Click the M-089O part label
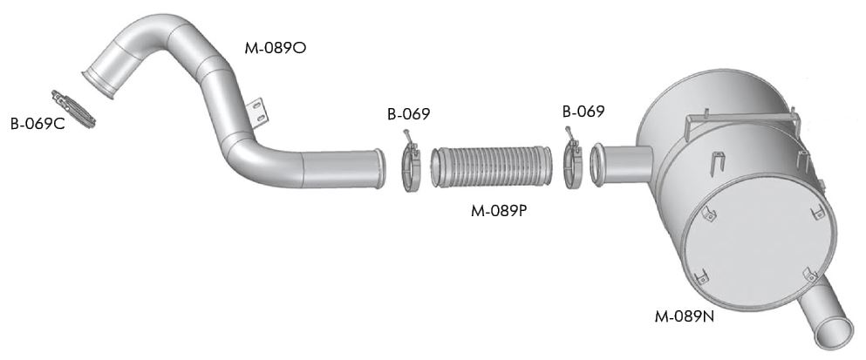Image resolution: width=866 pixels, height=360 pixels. click(275, 48)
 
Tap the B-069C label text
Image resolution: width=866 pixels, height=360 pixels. click(38, 124)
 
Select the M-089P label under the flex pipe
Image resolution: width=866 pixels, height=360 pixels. click(499, 210)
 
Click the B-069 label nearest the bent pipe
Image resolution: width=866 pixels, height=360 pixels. click(409, 114)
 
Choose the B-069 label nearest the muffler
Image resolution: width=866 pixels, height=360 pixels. click(583, 111)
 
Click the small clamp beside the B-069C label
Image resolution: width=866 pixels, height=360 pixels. click(73, 109)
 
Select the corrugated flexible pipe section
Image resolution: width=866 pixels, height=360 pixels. click(491, 166)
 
